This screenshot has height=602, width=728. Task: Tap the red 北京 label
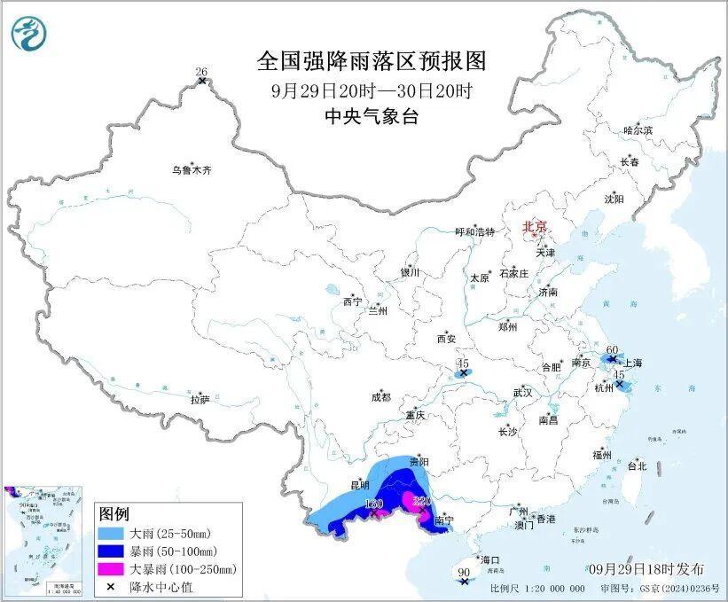point(535,226)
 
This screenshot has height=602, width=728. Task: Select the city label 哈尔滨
point(637,130)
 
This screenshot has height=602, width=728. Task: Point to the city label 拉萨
point(200,400)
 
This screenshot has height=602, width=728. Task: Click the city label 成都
point(380,398)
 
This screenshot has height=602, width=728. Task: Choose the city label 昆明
point(358,486)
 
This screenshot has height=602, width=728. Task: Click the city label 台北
point(637,465)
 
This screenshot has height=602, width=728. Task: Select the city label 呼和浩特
point(474,231)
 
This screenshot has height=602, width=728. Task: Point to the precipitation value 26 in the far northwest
point(200,71)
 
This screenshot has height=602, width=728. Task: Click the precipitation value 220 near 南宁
point(422,502)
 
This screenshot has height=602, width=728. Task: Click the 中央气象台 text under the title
point(372,116)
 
